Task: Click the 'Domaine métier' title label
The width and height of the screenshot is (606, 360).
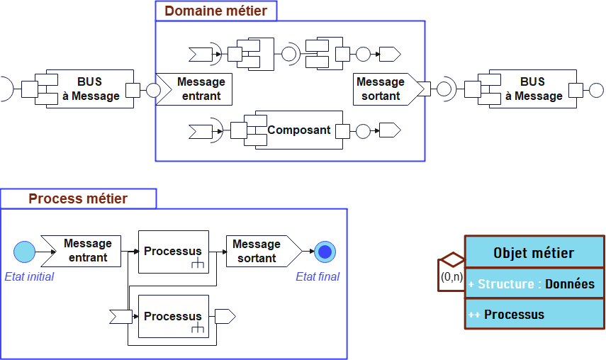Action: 216,11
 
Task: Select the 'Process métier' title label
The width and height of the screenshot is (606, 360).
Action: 78,198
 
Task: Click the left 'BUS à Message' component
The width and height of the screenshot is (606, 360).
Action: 90,89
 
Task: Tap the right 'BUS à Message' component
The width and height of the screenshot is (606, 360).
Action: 532,89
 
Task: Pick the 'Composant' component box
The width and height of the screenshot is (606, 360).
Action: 298,130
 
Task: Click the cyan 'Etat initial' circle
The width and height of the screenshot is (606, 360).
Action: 24,252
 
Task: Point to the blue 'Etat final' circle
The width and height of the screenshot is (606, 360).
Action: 325,252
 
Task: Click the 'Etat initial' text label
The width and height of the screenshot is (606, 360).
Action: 29,276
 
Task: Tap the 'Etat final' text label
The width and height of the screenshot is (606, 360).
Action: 317,276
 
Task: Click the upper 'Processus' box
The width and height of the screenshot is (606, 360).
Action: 174,252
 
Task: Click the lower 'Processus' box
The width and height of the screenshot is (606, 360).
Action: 174,316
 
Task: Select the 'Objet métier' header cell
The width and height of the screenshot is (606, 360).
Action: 534,253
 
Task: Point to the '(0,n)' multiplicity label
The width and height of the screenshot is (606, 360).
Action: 451,277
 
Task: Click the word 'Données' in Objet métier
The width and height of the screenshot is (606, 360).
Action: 569,284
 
